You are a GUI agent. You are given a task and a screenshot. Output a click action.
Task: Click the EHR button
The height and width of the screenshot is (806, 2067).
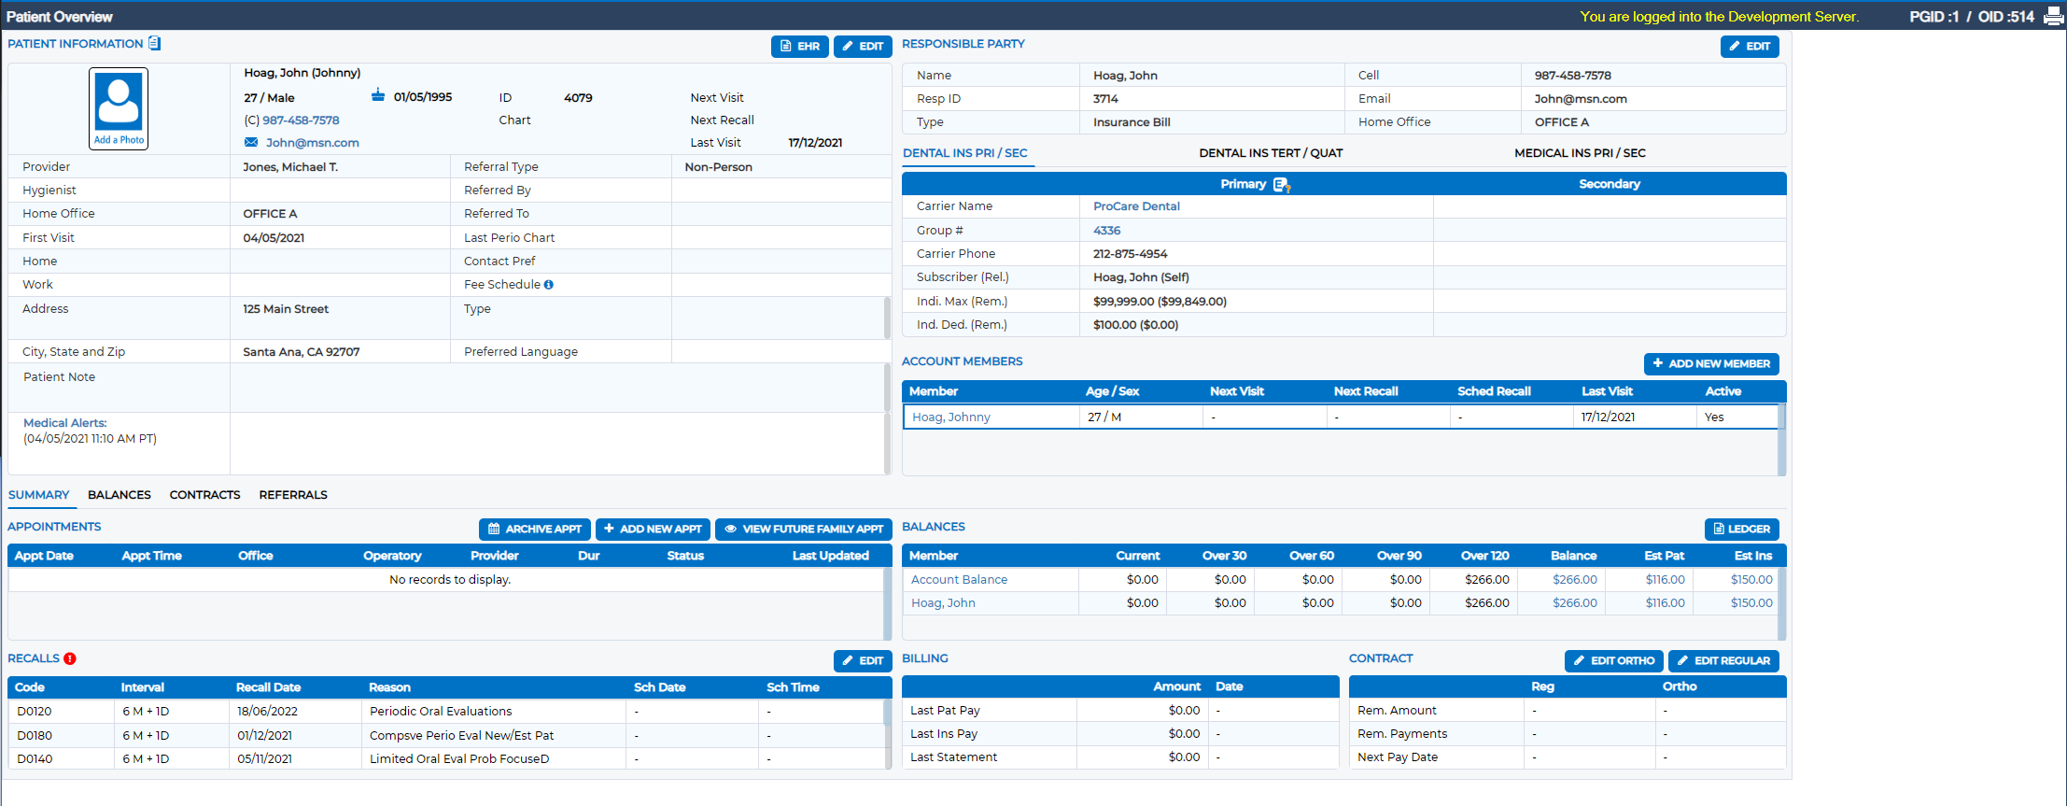pyautogui.click(x=799, y=46)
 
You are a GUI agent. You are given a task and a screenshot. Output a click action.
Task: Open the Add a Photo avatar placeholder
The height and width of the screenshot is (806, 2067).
pyautogui.click(x=119, y=108)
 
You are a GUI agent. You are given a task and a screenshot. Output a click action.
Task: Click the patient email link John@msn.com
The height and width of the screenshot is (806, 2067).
pyautogui.click(x=312, y=143)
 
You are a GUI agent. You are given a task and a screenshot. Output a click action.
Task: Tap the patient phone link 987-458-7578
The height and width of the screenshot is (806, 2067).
pyautogui.click(x=301, y=120)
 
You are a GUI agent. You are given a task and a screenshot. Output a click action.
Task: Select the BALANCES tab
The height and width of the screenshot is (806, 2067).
pyautogui.click(x=120, y=495)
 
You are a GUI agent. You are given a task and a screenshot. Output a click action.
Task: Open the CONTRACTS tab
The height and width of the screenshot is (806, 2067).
pyautogui.click(x=204, y=495)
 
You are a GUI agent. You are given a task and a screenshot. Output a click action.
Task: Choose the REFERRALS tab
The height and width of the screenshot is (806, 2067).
pyautogui.click(x=293, y=495)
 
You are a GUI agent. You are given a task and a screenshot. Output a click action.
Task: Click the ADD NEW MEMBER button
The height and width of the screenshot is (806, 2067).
pyautogui.click(x=1711, y=363)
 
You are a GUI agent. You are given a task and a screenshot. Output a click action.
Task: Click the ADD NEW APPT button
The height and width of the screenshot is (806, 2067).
pyautogui.click(x=653, y=529)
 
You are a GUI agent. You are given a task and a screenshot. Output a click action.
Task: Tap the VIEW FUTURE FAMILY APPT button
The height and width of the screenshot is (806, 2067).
pyautogui.click(x=804, y=529)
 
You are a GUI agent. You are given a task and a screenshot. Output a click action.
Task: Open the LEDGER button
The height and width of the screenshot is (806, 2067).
pyautogui.click(x=1741, y=529)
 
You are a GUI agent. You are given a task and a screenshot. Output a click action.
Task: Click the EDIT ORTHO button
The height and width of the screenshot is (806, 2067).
pyautogui.click(x=1613, y=660)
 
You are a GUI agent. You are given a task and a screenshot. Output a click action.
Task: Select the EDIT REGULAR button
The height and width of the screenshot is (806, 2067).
pyautogui.click(x=1723, y=660)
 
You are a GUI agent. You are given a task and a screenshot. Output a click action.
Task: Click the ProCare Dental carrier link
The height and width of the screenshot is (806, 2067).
pyautogui.click(x=1136, y=206)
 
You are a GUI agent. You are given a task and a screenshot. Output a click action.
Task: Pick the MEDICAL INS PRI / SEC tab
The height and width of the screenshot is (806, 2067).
pyautogui.click(x=1580, y=153)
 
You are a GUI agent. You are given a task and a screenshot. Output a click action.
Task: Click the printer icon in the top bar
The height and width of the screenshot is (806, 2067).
pyautogui.click(x=2053, y=16)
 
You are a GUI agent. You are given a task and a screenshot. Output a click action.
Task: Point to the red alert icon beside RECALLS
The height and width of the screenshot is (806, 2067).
pyautogui.click(x=70, y=658)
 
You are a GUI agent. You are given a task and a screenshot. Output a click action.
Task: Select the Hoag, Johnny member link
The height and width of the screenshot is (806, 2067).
pyautogui.click(x=950, y=417)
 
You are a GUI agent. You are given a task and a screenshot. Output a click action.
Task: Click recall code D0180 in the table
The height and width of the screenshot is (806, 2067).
pyautogui.click(x=35, y=736)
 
